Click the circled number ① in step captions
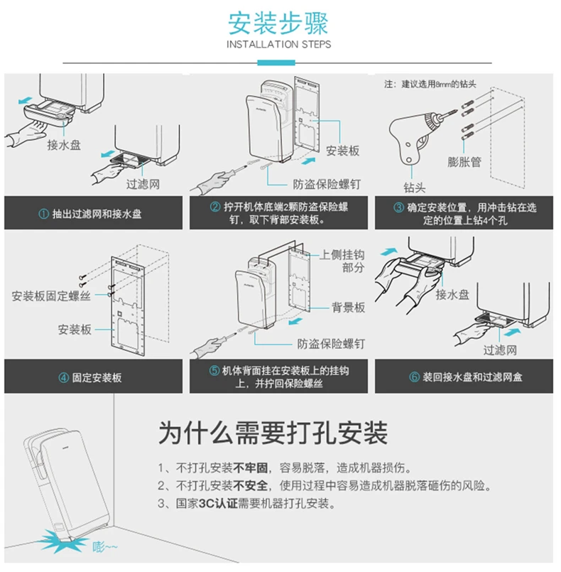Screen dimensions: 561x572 [43, 213]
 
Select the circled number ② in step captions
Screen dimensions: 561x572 [214, 207]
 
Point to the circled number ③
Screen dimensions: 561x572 [398, 207]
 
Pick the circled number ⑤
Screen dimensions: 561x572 [214, 371]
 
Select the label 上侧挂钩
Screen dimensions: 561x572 [342, 254]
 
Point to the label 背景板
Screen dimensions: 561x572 [348, 308]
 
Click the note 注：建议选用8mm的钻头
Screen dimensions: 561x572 [430, 84]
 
